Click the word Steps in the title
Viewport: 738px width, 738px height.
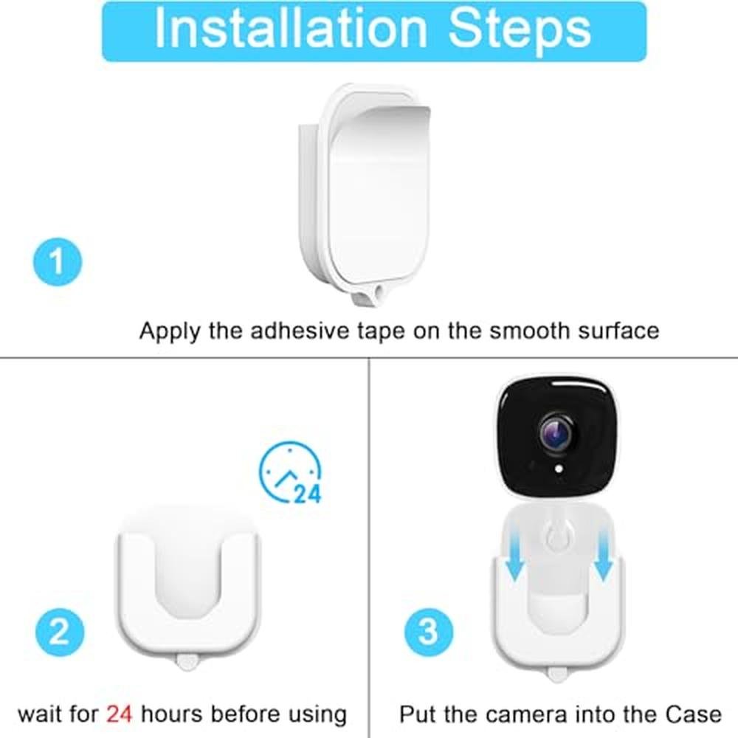tap(520, 30)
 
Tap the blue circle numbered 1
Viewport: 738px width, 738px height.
tap(58, 262)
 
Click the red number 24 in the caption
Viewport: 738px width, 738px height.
tap(119, 714)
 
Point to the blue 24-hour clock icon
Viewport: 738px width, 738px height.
tap(291, 472)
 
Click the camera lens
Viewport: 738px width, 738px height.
tap(558, 433)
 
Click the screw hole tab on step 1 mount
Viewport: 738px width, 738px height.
tap(370, 295)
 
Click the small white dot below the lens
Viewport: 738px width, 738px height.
tap(559, 469)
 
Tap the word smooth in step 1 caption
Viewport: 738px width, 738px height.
tap(529, 331)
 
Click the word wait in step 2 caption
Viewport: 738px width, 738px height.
tap(38, 714)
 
